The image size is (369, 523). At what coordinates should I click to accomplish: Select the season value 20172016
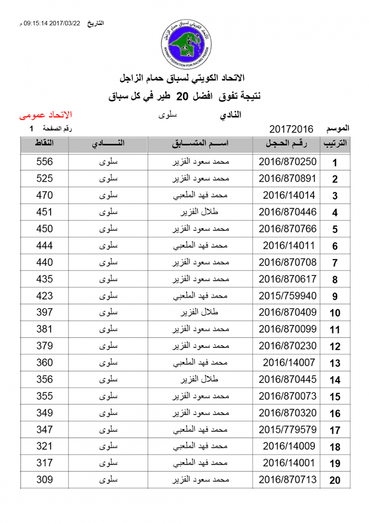tap(291, 129)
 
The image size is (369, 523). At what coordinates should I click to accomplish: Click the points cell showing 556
tap(44, 162)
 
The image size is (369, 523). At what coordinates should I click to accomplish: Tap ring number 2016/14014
tap(289, 195)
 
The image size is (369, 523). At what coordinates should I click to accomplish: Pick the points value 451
tap(44, 212)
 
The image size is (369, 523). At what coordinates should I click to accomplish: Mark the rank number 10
tap(335, 313)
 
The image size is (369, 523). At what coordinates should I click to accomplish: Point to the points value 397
tap(44, 313)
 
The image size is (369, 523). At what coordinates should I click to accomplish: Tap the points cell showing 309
tap(44, 480)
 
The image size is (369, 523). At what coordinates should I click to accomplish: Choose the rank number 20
tap(335, 481)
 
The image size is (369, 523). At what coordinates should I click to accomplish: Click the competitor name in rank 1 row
tap(203, 162)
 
